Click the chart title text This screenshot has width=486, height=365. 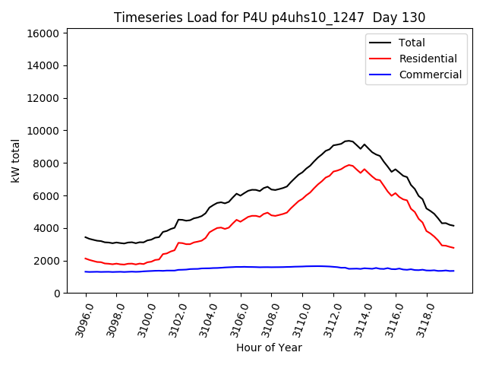click(x=270, y=17)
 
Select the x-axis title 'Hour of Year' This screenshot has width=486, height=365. click(x=269, y=348)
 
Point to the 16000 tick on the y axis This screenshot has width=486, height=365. click(x=43, y=33)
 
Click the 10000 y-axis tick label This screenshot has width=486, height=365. click(x=43, y=131)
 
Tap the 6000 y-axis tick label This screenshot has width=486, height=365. click(x=46, y=195)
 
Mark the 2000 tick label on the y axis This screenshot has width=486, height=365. click(x=46, y=261)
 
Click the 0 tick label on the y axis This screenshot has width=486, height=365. click(x=58, y=294)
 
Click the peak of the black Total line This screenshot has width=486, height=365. click(x=349, y=141)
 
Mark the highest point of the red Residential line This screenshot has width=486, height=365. click(x=349, y=164)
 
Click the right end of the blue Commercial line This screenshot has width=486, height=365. click(x=453, y=271)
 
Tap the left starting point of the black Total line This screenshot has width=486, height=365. click(x=86, y=237)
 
